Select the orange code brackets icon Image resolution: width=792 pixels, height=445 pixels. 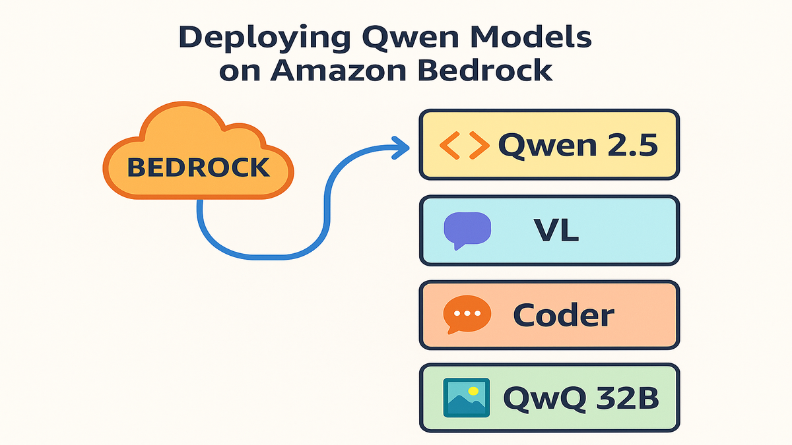tap(463, 145)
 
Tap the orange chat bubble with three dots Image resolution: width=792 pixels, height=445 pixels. tap(467, 314)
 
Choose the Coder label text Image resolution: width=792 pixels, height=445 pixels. tap(564, 316)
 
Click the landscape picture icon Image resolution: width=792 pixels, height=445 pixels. tap(467, 398)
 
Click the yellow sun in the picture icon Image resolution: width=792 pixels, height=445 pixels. tap(473, 391)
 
